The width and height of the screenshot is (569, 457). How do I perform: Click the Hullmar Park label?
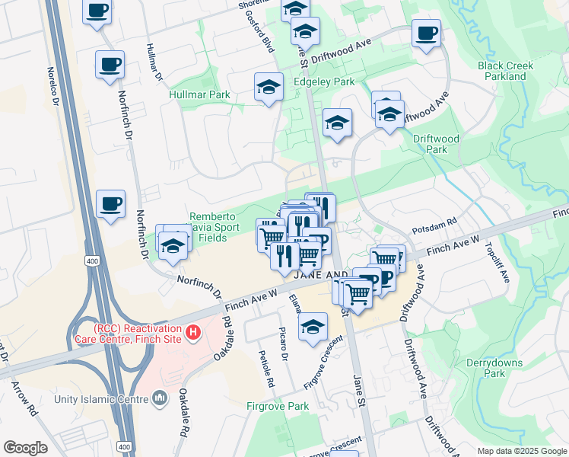pos(199,95)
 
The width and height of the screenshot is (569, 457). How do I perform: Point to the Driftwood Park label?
pos(436,145)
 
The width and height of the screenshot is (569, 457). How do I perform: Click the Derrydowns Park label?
pos(485,368)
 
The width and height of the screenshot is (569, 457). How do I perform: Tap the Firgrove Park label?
pos(278,406)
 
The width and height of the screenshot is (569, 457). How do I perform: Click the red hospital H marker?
pos(193,332)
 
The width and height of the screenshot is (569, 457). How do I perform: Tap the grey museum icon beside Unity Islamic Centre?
pos(160,398)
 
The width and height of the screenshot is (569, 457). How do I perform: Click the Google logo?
pos(25,448)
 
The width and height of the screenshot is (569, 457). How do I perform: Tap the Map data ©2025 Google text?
pos(522,451)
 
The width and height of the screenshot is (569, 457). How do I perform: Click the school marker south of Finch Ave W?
pos(312,328)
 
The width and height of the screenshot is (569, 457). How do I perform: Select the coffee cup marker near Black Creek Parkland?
pos(427,34)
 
